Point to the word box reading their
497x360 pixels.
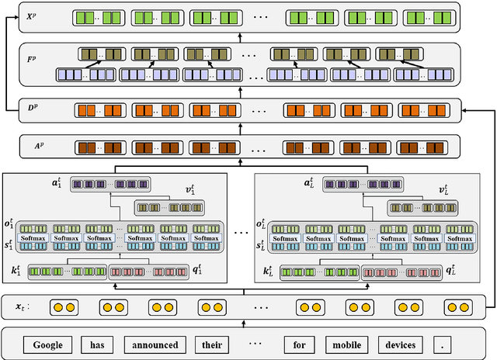coord(214,344)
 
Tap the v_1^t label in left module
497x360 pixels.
coord(217,189)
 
